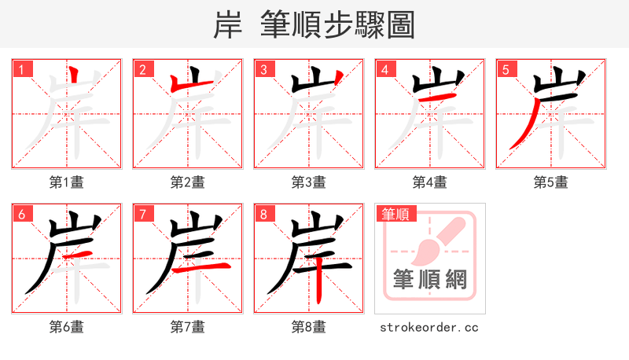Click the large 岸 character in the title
point(228,25)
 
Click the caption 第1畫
point(66,182)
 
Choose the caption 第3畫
point(308,182)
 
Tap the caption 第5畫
point(550,182)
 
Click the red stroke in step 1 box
point(73,79)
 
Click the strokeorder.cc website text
point(429,327)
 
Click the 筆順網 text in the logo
point(429,279)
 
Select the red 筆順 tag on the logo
point(395,214)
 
